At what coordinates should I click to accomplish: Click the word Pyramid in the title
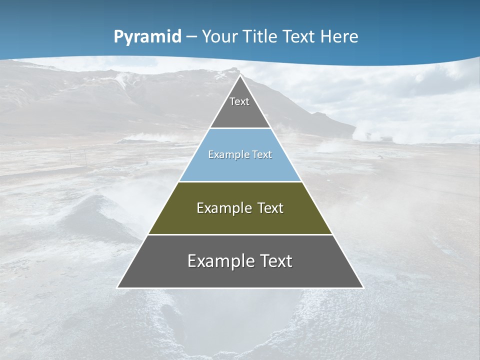(x=147, y=37)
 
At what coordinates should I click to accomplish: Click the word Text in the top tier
(x=239, y=101)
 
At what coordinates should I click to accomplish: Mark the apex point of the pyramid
(x=240, y=76)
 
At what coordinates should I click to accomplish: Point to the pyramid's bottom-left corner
(x=118, y=287)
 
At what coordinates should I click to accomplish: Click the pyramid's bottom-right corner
(x=363, y=287)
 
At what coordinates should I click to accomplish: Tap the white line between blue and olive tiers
(x=240, y=181)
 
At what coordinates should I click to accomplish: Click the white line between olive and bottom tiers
(x=240, y=234)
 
